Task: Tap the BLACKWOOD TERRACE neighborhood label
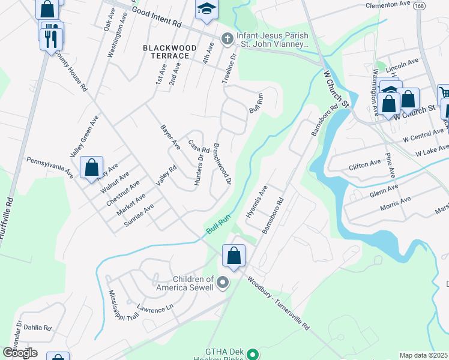165,51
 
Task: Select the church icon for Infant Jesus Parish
227,39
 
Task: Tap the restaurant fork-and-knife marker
52,37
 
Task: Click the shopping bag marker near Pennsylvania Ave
91,167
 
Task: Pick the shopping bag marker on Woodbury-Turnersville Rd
234,256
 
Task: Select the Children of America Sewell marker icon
223,282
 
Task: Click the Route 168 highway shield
420,5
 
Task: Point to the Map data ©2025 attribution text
424,355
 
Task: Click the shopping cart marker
445,94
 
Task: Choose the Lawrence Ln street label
154,308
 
